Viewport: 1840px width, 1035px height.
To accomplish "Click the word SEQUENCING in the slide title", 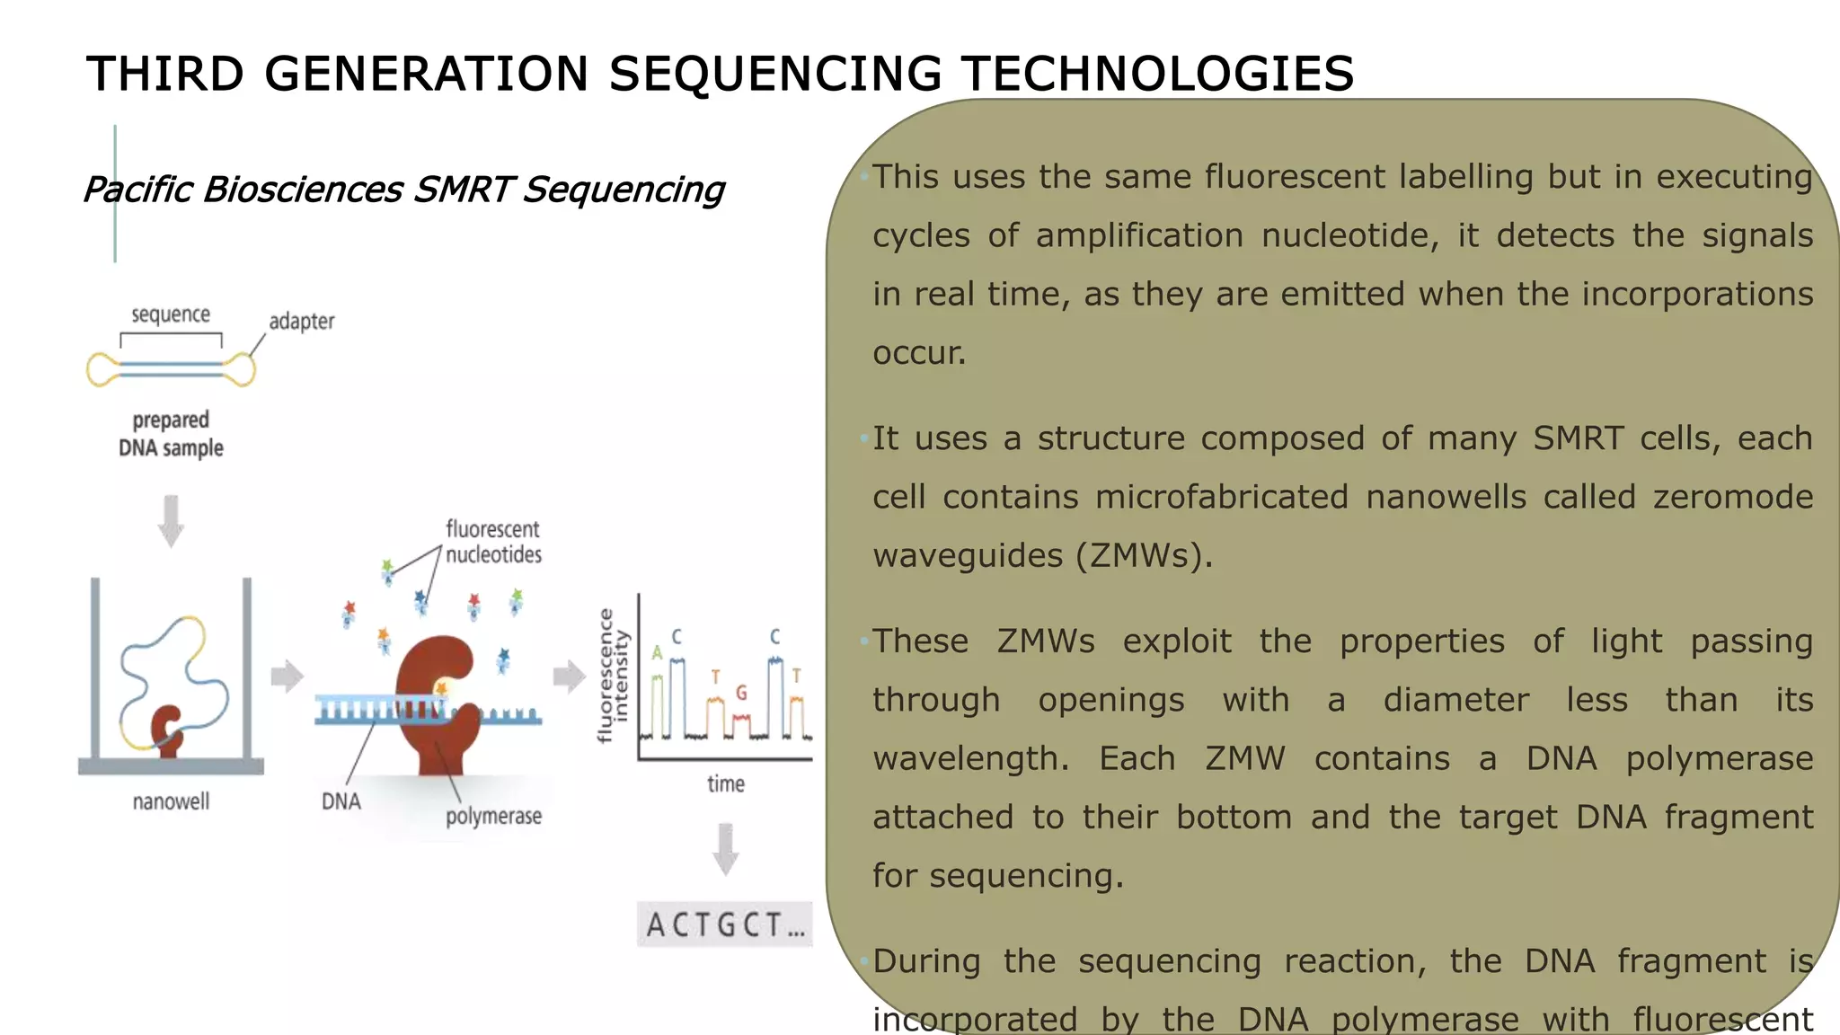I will [x=774, y=74].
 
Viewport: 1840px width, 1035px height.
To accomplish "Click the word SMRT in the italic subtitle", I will [x=462, y=190].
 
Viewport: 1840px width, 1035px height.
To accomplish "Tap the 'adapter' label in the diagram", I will [x=301, y=322].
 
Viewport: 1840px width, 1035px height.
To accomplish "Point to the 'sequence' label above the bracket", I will [x=171, y=315].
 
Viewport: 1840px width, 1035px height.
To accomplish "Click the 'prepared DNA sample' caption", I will [x=171, y=434].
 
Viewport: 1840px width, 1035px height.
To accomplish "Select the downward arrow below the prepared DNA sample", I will [x=171, y=520].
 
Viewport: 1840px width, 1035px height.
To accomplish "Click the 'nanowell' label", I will [x=171, y=801].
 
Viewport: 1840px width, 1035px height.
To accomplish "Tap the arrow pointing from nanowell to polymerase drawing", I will [x=287, y=677].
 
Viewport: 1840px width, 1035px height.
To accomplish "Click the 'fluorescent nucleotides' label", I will [x=493, y=542].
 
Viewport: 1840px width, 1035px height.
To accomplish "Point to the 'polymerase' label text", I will [x=493, y=817].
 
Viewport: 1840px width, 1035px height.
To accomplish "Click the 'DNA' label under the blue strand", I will [x=341, y=801].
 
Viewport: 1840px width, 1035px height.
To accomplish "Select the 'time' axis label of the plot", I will [x=725, y=784].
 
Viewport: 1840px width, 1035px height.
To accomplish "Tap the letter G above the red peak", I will [x=741, y=694].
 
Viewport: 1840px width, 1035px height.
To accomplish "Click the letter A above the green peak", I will [x=657, y=653].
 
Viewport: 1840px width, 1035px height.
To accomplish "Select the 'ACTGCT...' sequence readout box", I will [x=724, y=924].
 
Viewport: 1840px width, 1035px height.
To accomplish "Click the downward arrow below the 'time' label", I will [x=725, y=848].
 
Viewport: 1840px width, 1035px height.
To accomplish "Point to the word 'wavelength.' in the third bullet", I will [x=970, y=759].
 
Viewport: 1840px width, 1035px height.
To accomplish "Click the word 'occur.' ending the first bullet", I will [x=919, y=353].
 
